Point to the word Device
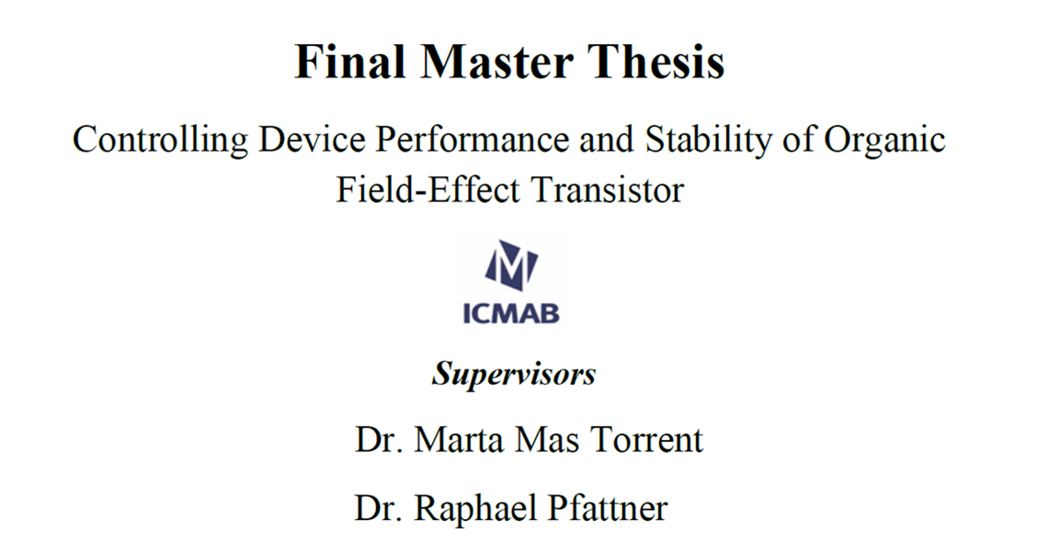click(312, 140)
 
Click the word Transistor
click(608, 190)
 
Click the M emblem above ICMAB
click(511, 266)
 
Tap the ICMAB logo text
click(511, 312)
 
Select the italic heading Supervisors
click(514, 374)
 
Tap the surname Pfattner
click(608, 507)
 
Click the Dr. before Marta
click(379, 440)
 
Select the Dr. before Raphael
click(379, 507)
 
